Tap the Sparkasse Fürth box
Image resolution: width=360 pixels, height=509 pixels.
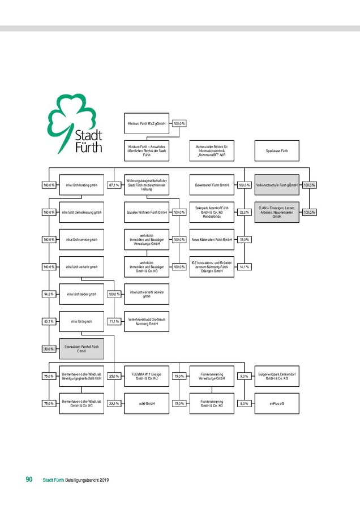(277, 151)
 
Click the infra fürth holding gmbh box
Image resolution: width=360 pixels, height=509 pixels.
(82, 185)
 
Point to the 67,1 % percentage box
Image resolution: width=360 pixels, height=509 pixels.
(114, 185)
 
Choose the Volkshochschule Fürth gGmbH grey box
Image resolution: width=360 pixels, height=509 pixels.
(277, 185)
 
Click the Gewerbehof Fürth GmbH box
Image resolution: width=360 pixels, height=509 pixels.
(212, 185)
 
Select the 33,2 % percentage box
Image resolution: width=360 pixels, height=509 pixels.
(244, 212)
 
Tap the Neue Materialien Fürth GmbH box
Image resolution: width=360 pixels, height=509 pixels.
(212, 240)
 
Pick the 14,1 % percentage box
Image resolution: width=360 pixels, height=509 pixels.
(244, 267)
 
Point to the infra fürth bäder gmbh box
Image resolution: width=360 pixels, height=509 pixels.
(82, 294)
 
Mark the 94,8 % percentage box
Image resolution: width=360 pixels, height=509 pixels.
(49, 294)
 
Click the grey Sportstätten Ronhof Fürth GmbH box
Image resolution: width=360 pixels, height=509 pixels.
(82, 349)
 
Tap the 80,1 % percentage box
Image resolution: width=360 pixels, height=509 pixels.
(49, 321)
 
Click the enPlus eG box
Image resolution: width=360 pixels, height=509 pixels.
(277, 404)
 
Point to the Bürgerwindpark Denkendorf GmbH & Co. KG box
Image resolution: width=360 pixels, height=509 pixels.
(277, 376)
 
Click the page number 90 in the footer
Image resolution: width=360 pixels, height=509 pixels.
(28, 480)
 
